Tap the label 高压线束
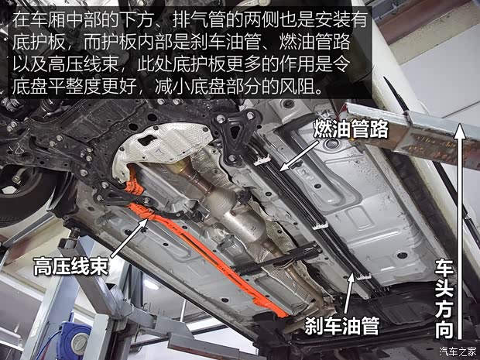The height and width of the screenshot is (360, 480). pyautogui.click(x=70, y=267)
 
